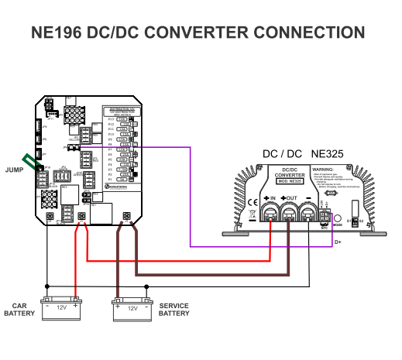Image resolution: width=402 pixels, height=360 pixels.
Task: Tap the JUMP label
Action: click(14, 169)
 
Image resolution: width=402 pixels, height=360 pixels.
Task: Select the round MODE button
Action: click(338, 219)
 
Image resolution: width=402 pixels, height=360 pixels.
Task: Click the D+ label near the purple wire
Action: click(338, 242)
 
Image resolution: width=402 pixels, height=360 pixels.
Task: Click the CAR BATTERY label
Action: click(19, 309)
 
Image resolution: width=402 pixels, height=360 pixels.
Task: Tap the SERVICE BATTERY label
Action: click(174, 309)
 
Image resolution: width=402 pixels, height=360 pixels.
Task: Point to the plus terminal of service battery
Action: click(118, 307)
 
